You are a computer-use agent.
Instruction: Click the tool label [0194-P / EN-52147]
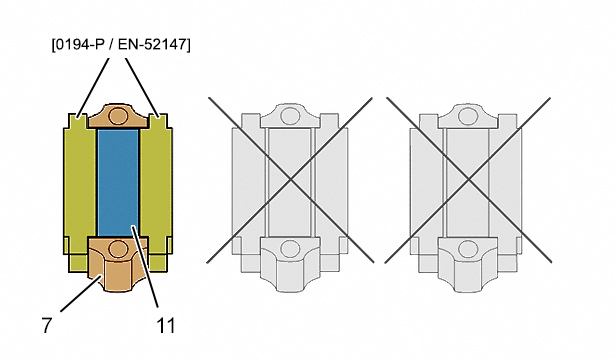tap(121, 44)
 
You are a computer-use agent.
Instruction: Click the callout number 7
tap(47, 325)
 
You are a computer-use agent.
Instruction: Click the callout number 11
tap(166, 325)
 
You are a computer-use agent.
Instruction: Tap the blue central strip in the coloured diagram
tap(118, 182)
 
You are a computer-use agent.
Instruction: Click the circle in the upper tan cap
tap(118, 116)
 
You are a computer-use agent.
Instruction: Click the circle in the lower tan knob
tap(118, 249)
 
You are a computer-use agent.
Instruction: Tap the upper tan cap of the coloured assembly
tap(118, 116)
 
